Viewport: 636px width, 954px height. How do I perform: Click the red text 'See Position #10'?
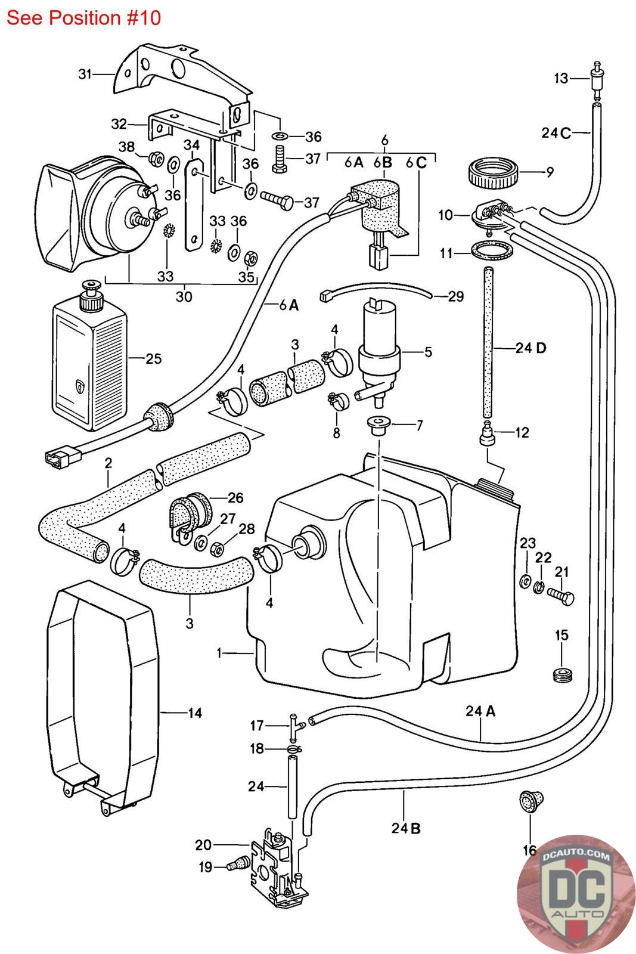[83, 18]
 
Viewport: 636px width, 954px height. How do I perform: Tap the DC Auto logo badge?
[576, 894]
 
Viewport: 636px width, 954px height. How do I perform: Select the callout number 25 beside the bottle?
[154, 358]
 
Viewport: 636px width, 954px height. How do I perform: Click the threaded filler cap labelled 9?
[494, 174]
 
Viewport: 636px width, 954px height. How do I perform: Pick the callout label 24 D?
[530, 348]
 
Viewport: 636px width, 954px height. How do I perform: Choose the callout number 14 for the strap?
[195, 713]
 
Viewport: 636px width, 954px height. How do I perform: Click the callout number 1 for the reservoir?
[219, 653]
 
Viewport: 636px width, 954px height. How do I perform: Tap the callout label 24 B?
[406, 828]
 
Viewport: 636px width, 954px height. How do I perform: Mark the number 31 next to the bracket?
[85, 74]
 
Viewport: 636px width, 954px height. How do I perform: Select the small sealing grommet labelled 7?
[377, 426]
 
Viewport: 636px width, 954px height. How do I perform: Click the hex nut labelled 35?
[251, 258]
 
